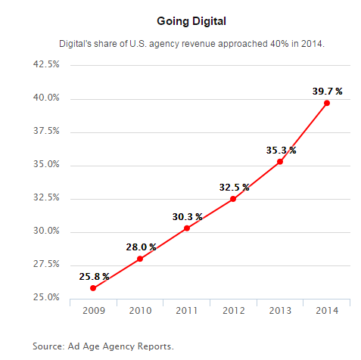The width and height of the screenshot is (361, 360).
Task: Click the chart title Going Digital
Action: click(x=191, y=21)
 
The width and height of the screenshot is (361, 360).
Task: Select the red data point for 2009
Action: click(x=93, y=288)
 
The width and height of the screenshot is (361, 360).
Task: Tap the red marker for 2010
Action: click(x=140, y=259)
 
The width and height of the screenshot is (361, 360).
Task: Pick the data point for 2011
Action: click(x=187, y=228)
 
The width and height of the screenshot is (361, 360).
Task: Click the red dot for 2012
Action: click(x=233, y=199)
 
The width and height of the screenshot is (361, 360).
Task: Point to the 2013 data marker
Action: click(x=280, y=162)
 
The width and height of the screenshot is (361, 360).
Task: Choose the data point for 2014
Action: click(x=327, y=103)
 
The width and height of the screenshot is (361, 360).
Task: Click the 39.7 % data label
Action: click(x=327, y=92)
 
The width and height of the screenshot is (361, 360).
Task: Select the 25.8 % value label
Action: click(x=94, y=277)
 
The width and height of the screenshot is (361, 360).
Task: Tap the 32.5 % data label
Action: click(x=234, y=188)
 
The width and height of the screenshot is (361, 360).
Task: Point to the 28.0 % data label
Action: click(x=141, y=247)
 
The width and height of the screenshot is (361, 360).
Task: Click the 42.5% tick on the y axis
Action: click(x=46, y=64)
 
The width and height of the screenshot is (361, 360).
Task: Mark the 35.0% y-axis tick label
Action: click(x=46, y=164)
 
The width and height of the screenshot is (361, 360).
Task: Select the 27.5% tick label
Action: click(x=46, y=264)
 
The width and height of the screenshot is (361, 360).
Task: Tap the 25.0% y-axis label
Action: click(x=46, y=297)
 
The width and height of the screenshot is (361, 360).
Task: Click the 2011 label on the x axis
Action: click(x=187, y=311)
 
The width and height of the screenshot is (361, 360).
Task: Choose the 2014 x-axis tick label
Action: click(x=327, y=311)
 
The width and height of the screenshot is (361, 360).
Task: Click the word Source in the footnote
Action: click(x=48, y=346)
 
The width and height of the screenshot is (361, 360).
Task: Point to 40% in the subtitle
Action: click(x=279, y=44)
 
